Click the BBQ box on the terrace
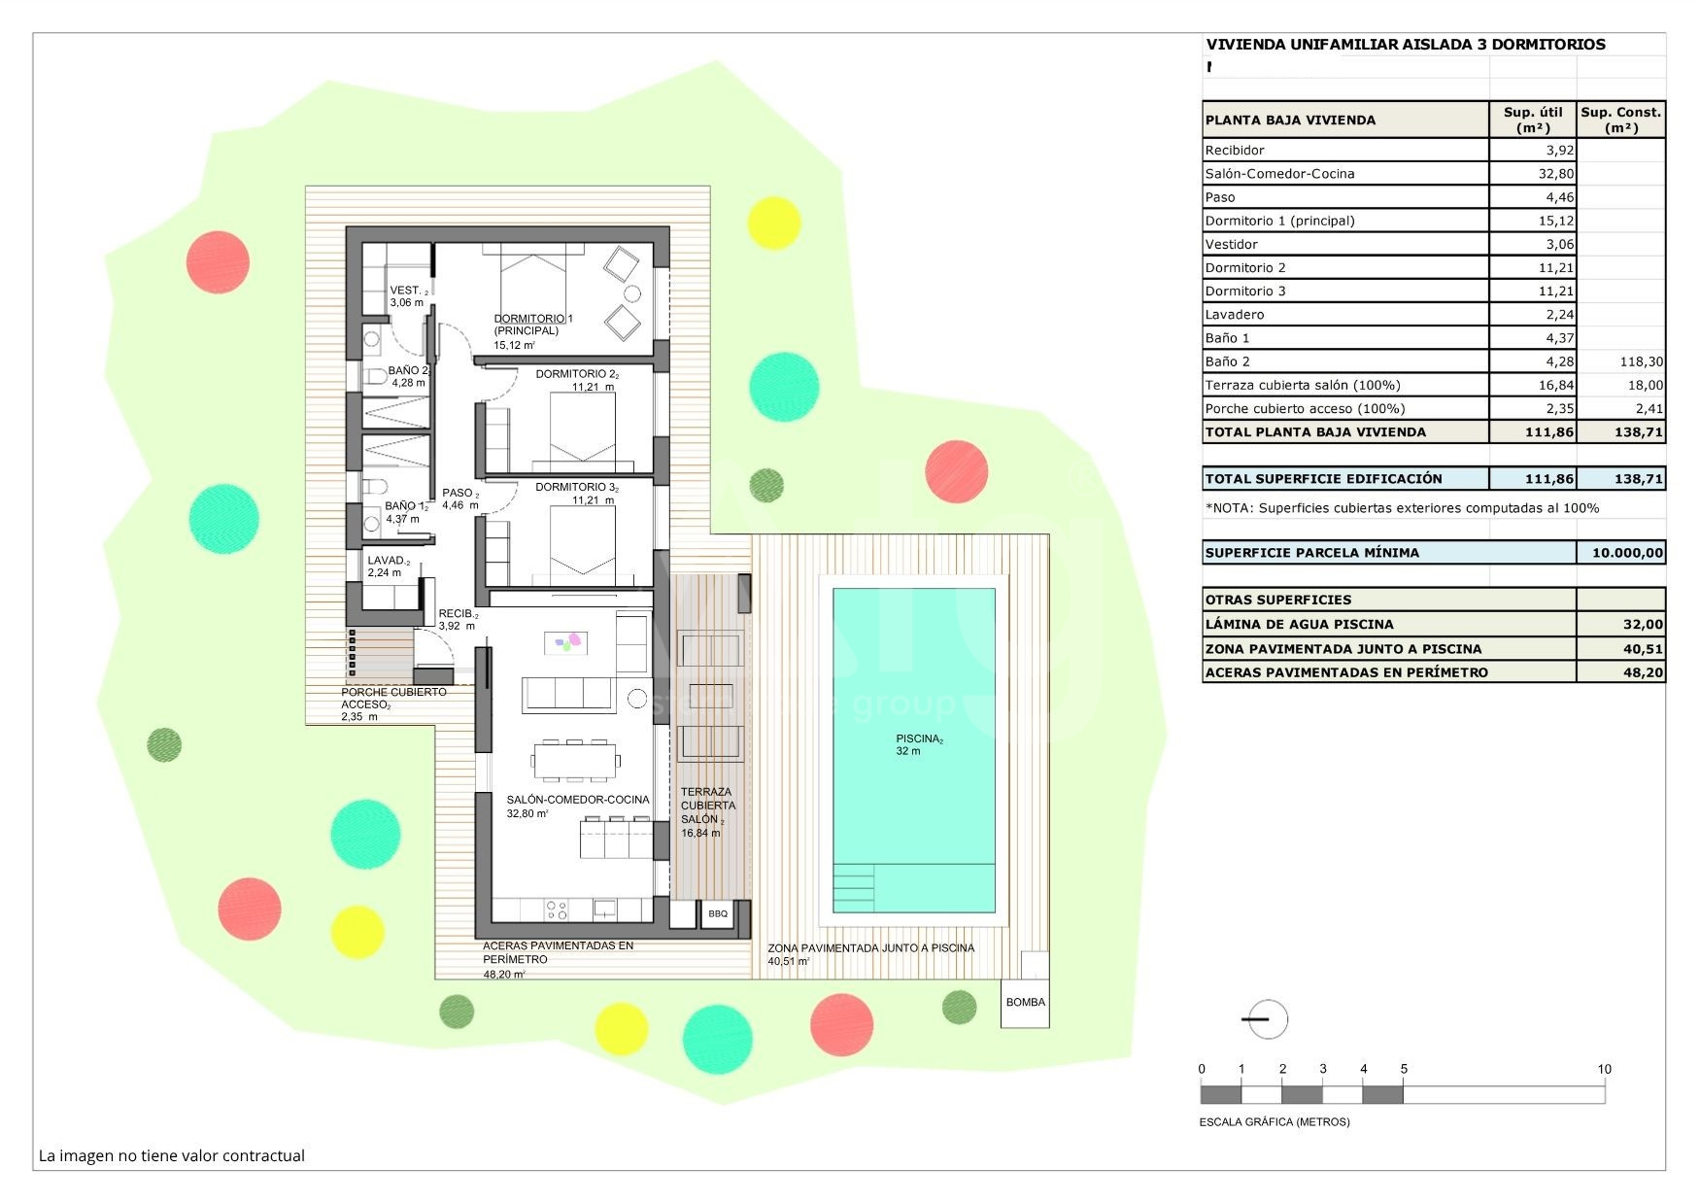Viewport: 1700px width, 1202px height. click(717, 914)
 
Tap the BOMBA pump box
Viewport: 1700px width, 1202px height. click(1025, 1003)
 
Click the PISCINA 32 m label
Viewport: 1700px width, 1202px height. click(919, 745)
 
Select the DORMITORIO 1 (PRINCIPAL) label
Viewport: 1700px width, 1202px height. click(533, 325)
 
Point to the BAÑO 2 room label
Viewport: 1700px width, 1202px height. click(408, 376)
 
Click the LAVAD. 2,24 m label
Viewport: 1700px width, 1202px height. click(389, 567)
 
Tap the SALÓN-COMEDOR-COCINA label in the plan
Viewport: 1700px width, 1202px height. click(578, 800)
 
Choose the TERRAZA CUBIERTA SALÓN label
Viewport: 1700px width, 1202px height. click(708, 806)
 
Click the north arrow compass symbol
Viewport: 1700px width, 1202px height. click(1266, 1019)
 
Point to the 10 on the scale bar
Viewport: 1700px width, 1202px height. click(1604, 1069)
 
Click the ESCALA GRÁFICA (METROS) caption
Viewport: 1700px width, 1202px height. click(1275, 1122)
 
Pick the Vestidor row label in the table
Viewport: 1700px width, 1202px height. click(1231, 244)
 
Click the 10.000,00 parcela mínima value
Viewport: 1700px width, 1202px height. click(1627, 553)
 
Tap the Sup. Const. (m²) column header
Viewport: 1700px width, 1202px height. click(1620, 120)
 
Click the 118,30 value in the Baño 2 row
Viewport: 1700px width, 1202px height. click(1642, 361)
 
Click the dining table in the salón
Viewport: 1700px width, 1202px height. click(575, 761)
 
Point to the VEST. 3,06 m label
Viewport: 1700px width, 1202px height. click(408, 296)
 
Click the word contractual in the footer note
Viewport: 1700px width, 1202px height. click(263, 1155)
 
